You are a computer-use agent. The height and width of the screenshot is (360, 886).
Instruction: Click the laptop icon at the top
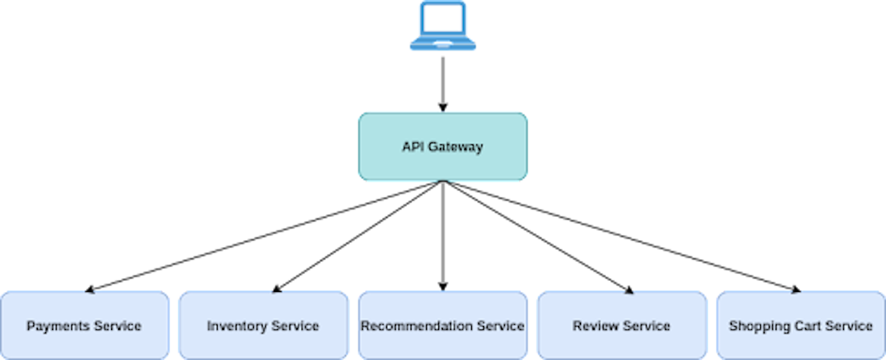coord(443,26)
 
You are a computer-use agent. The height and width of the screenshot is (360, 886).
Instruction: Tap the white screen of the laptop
coord(443,20)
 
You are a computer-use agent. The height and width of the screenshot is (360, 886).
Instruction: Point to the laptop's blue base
coord(443,45)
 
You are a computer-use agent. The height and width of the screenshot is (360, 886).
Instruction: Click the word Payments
coord(58,326)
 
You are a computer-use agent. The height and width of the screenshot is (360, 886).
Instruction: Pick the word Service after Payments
coord(117,326)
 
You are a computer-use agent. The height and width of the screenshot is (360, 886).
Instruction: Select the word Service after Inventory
coord(295,326)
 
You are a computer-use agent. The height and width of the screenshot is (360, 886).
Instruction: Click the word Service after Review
coord(646,326)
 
